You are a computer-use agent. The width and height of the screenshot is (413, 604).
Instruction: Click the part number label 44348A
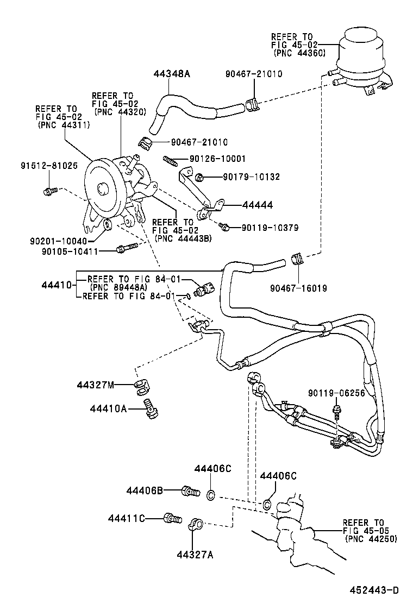171,74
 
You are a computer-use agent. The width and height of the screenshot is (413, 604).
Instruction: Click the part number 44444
257,205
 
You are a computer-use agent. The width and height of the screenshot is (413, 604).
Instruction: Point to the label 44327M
95,386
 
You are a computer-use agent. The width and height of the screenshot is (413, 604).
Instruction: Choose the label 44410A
109,408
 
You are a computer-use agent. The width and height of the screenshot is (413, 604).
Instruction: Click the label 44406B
145,491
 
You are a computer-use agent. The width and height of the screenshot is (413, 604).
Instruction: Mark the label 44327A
195,555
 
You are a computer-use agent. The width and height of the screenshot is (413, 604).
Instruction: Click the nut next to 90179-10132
199,177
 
